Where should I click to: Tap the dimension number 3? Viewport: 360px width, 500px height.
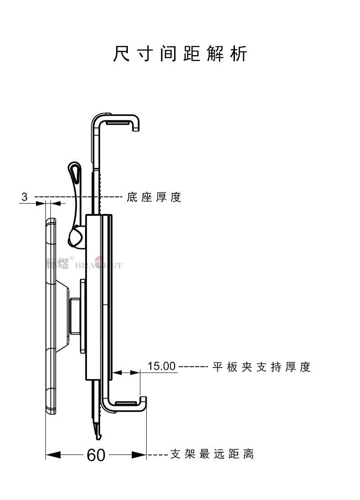(x=24, y=197)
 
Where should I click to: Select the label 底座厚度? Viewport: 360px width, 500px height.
(x=154, y=197)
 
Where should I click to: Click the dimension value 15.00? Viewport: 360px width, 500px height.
(x=162, y=366)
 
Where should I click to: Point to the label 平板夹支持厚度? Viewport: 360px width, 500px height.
(x=262, y=367)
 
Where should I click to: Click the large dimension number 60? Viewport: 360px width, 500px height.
(x=96, y=455)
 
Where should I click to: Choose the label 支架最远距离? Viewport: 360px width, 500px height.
(x=212, y=454)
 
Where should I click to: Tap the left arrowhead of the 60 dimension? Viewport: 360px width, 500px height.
(x=53, y=455)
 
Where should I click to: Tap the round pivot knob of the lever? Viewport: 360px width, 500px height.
(x=76, y=237)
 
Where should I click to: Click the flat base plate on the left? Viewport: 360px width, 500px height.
(x=50, y=315)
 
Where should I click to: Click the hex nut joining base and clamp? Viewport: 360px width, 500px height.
(x=74, y=315)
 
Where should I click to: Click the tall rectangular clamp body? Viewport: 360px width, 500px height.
(x=94, y=297)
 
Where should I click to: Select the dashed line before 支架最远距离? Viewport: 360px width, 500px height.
(x=157, y=455)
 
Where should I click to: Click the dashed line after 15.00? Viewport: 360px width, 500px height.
(x=193, y=367)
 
